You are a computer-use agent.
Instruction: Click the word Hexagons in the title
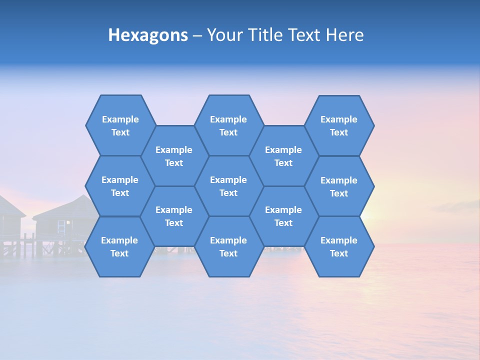(148, 35)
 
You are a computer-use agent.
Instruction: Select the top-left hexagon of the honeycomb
(120, 125)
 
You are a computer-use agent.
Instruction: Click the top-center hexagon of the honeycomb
(228, 125)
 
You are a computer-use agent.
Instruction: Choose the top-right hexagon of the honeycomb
(339, 125)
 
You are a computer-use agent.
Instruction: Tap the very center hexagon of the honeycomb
(228, 186)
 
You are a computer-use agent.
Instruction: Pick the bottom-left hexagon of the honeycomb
(119, 246)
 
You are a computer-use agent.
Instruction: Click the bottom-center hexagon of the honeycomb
(228, 246)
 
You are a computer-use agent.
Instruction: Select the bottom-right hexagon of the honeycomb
(339, 246)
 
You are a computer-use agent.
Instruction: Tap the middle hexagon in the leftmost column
(120, 186)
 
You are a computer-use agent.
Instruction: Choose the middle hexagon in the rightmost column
(339, 186)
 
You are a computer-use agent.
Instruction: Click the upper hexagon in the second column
(174, 156)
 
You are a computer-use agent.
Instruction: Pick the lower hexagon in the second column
(174, 216)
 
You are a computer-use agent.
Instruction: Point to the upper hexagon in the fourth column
(283, 156)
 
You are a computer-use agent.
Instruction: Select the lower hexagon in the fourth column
(283, 216)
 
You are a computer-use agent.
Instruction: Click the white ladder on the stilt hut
(61, 227)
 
